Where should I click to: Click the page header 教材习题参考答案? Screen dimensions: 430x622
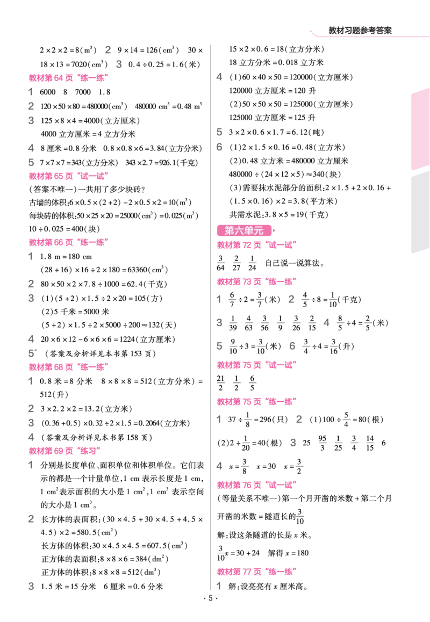pyautogui.click(x=360, y=31)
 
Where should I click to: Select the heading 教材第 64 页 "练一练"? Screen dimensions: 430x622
pyautogui.click(x=69, y=78)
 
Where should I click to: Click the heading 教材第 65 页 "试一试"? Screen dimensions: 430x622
pyautogui.click(x=69, y=176)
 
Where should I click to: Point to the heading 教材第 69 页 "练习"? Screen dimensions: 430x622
pyautogui.click(x=64, y=451)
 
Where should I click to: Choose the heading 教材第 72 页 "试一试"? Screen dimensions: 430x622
pyautogui.click(x=257, y=245)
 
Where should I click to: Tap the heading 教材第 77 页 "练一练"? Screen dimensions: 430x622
pyautogui.click(x=257, y=572)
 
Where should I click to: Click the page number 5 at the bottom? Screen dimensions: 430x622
pyautogui.click(x=211, y=598)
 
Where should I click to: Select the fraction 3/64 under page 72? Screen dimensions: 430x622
pyautogui.click(x=221, y=263)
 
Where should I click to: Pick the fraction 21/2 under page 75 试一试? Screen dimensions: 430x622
pyautogui.click(x=221, y=383)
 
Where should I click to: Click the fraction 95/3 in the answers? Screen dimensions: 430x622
pyautogui.click(x=322, y=443)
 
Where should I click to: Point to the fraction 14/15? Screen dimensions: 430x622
pyautogui.click(x=370, y=443)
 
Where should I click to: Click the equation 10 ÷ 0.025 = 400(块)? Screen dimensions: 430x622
pyautogui.click(x=64, y=229)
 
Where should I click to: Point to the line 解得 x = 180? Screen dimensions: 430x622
pyautogui.click(x=288, y=553)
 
